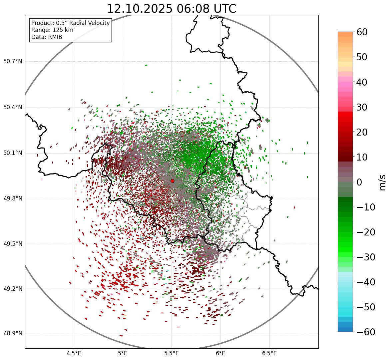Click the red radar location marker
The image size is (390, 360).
click(172, 181)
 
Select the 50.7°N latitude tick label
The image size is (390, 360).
click(13, 62)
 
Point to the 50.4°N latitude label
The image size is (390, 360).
click(13, 108)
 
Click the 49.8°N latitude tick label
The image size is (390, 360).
click(13, 199)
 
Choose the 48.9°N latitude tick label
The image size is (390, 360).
click(13, 334)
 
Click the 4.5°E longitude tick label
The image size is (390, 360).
click(74, 353)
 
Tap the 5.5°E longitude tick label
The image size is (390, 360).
click(172, 353)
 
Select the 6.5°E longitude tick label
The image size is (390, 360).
click(269, 353)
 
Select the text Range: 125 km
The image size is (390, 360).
click(52, 30)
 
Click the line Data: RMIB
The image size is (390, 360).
click(47, 37)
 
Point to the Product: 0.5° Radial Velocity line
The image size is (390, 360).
click(70, 23)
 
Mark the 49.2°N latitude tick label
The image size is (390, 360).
click(13, 289)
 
